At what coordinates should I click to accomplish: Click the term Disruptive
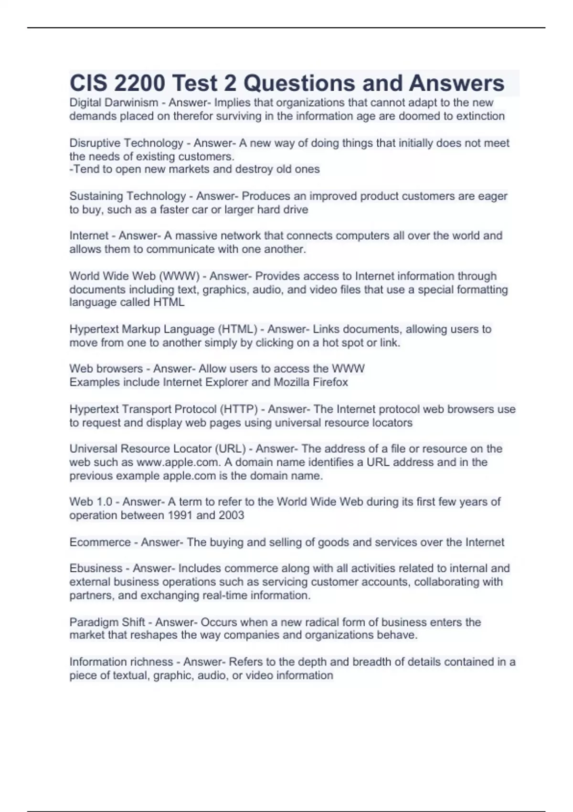click(x=95, y=143)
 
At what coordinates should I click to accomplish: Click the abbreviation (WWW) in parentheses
click(x=179, y=276)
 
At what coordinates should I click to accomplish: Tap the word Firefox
click(x=330, y=382)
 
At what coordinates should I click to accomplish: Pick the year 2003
click(x=231, y=515)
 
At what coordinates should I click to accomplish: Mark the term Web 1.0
click(x=91, y=502)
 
